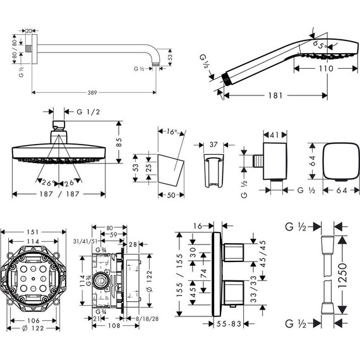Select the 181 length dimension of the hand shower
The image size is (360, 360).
click(x=273, y=97)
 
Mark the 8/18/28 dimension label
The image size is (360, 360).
click(x=142, y=320)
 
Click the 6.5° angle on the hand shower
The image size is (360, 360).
click(x=320, y=45)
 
